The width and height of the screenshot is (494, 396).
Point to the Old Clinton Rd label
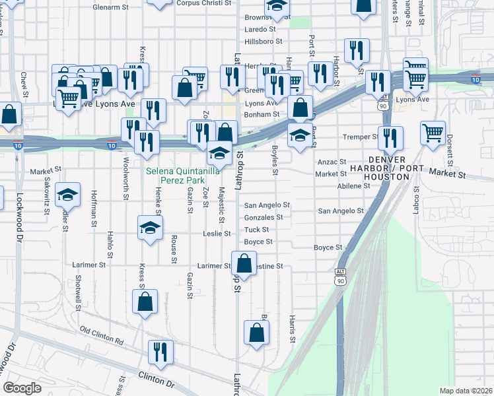pos(102,335)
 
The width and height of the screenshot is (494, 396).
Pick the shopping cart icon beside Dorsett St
pos(433,132)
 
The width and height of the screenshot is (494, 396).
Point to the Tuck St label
pos(256,230)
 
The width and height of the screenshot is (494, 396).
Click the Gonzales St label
pos(264,217)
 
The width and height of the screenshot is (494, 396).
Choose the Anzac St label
pos(332,162)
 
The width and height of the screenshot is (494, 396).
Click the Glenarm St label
pos(110,7)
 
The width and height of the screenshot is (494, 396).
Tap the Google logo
pos(22,387)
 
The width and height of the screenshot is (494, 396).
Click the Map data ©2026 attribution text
pos(466,391)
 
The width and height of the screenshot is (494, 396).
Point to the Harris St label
pos(292,329)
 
